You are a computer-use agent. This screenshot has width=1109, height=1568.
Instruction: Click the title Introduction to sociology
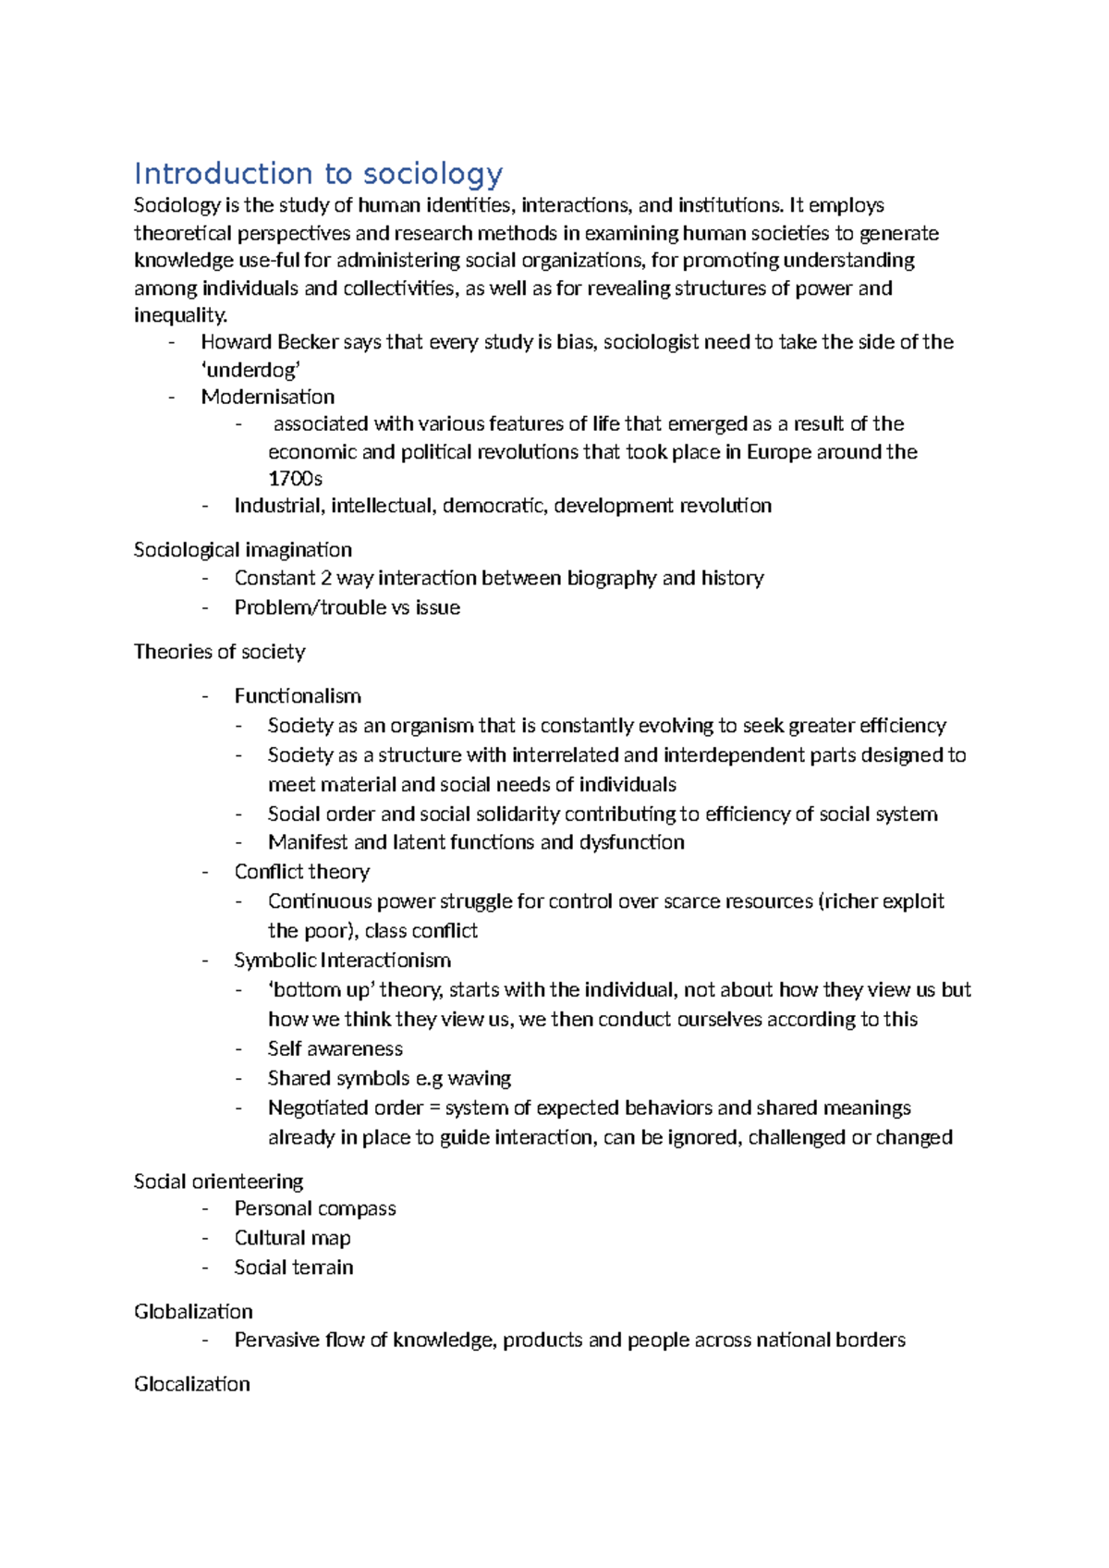click(318, 174)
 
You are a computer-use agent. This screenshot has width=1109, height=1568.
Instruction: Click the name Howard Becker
click(270, 342)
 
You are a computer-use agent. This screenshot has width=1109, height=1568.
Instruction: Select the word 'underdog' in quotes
click(250, 370)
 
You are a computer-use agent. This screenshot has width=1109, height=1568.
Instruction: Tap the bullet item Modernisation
click(267, 397)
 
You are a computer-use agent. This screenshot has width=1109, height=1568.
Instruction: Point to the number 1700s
click(295, 479)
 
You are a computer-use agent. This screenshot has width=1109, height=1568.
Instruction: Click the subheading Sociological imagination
click(242, 550)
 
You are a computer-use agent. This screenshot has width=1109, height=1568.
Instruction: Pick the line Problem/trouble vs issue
click(347, 607)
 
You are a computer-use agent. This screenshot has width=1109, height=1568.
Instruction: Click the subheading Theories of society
click(219, 652)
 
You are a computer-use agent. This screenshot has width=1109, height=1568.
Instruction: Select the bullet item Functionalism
click(297, 696)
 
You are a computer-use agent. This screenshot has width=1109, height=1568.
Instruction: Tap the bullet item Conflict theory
click(301, 872)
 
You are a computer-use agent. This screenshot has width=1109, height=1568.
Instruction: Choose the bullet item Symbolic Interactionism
click(342, 961)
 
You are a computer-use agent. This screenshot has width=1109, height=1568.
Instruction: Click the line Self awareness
click(335, 1049)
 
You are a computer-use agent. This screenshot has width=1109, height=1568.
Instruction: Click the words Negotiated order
click(345, 1108)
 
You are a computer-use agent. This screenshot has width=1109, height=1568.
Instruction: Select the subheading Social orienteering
click(218, 1182)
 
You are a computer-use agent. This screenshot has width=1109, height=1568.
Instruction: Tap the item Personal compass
click(314, 1209)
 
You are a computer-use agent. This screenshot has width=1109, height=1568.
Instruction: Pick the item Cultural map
click(292, 1238)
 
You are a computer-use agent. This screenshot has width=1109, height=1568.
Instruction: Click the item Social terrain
click(293, 1268)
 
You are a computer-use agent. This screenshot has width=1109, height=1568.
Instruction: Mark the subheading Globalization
click(192, 1312)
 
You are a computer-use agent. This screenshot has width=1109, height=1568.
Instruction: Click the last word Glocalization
click(191, 1384)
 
